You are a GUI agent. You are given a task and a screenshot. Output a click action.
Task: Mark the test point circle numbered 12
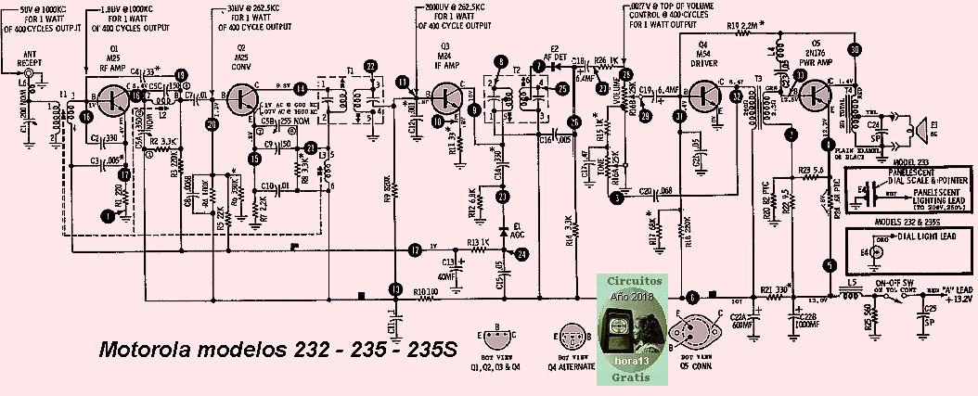click(x=415, y=249)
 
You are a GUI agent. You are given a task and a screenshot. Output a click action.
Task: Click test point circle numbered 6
click(x=692, y=298)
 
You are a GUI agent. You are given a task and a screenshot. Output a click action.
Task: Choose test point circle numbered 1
click(x=109, y=216)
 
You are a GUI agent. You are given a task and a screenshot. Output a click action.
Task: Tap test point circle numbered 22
click(x=371, y=66)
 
